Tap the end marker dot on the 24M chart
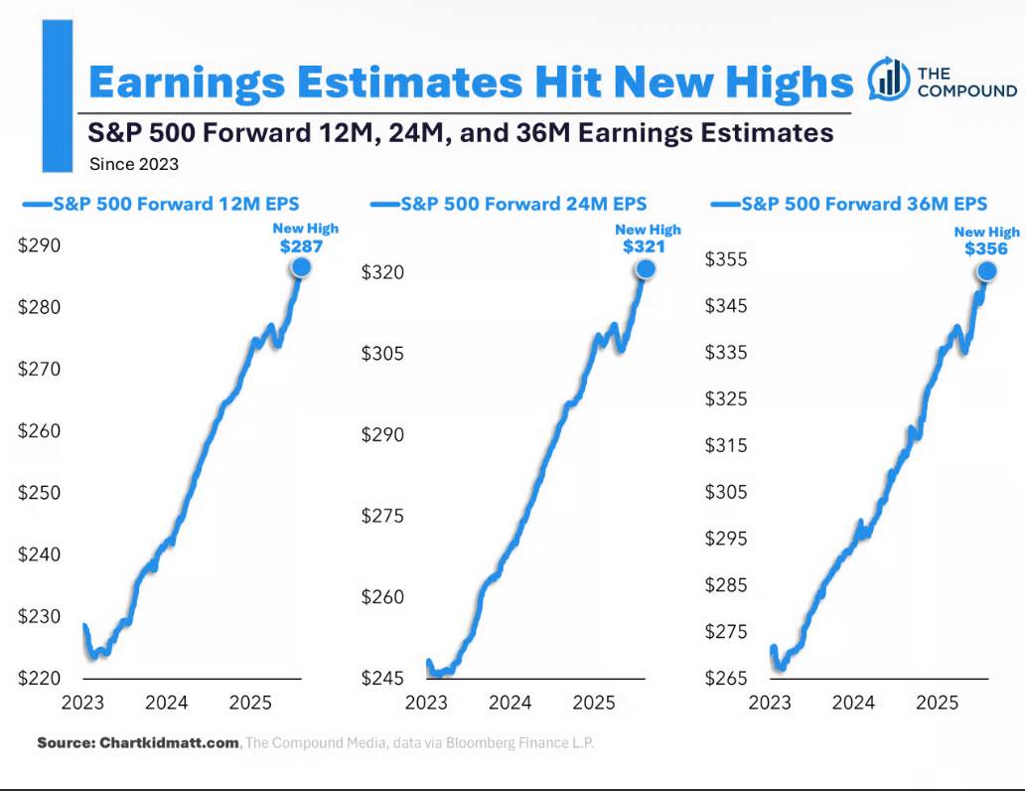pyautogui.click(x=646, y=268)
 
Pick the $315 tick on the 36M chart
pyautogui.click(x=725, y=445)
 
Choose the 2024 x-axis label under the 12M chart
pyautogui.click(x=167, y=704)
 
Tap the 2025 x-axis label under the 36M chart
pyautogui.click(x=936, y=704)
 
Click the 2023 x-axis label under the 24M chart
pyautogui.click(x=426, y=704)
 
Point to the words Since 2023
pyautogui.click(x=133, y=163)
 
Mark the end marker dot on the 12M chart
pyautogui.click(x=301, y=267)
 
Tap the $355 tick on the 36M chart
pyautogui.click(x=725, y=260)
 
